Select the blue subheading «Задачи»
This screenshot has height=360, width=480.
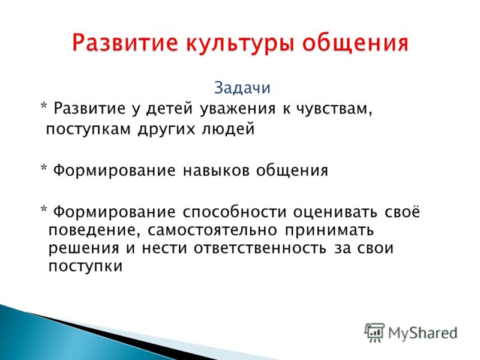pyautogui.click(x=242, y=88)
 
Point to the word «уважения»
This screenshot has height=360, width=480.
pyautogui.click(x=238, y=109)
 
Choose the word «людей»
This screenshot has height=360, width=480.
pyautogui.click(x=229, y=129)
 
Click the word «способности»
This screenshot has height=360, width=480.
pyautogui.click(x=235, y=212)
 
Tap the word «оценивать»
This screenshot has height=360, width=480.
pyautogui.click(x=335, y=212)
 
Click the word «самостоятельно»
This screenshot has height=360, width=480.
pyautogui.click(x=212, y=230)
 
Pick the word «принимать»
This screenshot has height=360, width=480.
pyautogui.click(x=329, y=230)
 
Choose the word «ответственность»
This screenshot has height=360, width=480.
pyautogui.click(x=260, y=248)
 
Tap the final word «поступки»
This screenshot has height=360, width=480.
pyautogui.click(x=85, y=266)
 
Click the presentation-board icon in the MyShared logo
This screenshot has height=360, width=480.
pyautogui.click(x=374, y=332)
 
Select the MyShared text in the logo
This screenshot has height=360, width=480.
pyautogui.click(x=423, y=333)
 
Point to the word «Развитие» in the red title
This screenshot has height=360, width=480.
pyautogui.click(x=125, y=44)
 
